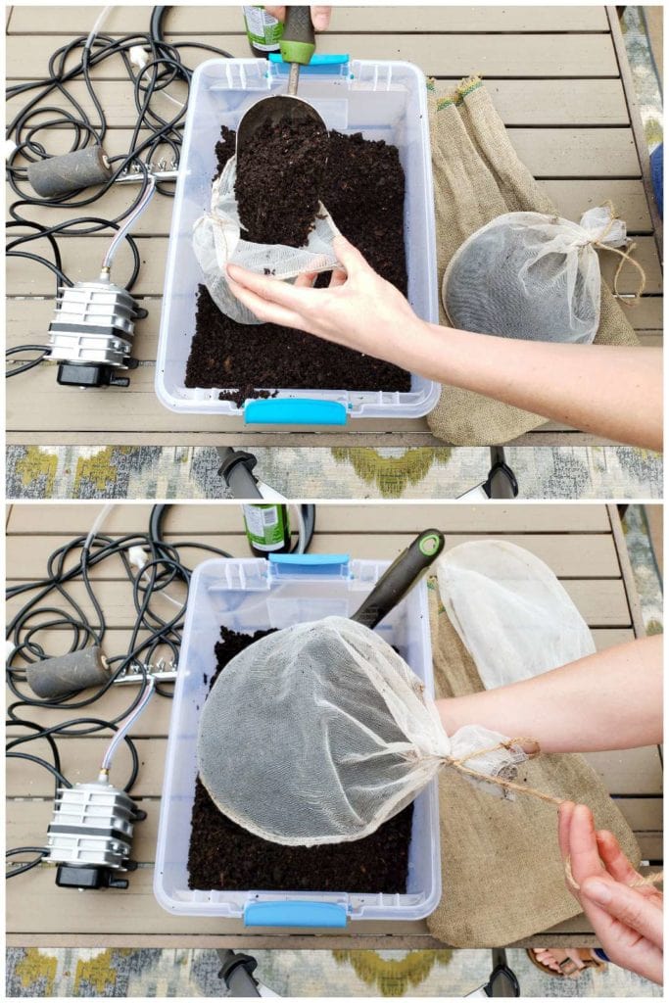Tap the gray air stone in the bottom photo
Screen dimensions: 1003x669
(67, 672)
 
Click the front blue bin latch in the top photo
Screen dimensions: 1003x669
(295, 411)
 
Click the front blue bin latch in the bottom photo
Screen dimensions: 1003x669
(295, 914)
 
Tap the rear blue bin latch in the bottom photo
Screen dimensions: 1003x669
(310, 565)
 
